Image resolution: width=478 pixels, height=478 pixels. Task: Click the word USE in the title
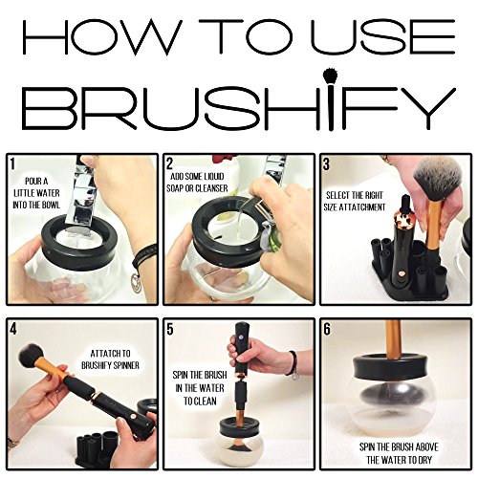pyautogui.click(x=382, y=36)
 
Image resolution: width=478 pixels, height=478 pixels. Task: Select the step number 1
pyautogui.click(x=12, y=163)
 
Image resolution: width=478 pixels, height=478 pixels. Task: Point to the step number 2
pyautogui.click(x=169, y=163)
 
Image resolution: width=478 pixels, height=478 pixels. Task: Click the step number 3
pyautogui.click(x=326, y=164)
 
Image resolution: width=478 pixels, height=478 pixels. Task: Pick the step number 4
pyautogui.click(x=13, y=329)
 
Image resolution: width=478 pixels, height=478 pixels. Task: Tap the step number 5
pyautogui.click(x=170, y=329)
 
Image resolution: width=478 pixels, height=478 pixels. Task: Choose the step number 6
pyautogui.click(x=327, y=329)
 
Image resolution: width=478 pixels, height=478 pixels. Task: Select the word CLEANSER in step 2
pyautogui.click(x=212, y=188)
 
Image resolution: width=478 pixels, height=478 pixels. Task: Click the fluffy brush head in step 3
pyautogui.click(x=437, y=178)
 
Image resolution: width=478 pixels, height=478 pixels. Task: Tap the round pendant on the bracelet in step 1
pyautogui.click(x=137, y=280)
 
